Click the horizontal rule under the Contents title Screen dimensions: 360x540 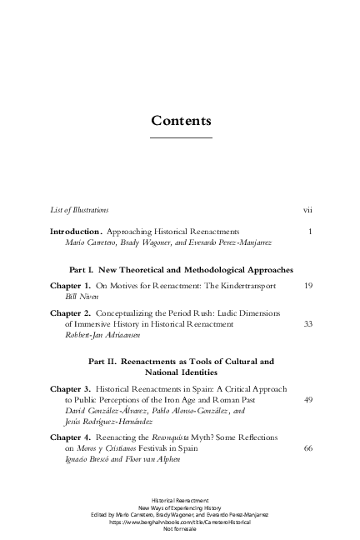click(180, 137)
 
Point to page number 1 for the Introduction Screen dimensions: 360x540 click(309, 231)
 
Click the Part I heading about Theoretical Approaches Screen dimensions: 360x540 click(180, 271)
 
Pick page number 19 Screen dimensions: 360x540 click(307, 286)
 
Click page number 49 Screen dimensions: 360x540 click(307, 400)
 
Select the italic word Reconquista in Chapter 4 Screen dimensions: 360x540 click(190, 437)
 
